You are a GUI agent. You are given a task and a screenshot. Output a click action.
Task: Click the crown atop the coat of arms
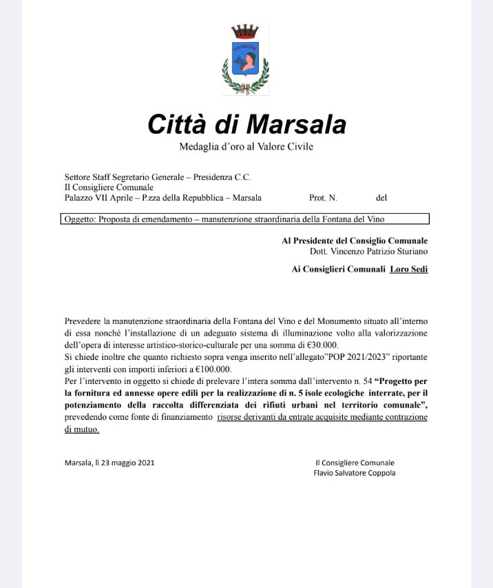[x=245, y=32]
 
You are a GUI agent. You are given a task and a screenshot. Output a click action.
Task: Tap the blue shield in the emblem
[x=245, y=59]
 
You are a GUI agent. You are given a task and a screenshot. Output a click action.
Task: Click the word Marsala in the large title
[x=296, y=124]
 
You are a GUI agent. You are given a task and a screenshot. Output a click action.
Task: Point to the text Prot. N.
[x=323, y=198]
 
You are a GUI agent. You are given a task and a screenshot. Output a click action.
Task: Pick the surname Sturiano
[x=410, y=252]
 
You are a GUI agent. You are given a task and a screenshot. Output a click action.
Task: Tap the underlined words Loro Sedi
[x=409, y=270]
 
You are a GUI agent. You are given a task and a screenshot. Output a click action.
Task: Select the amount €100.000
[x=209, y=369]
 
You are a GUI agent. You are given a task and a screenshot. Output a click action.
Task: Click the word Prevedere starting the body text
[x=83, y=321]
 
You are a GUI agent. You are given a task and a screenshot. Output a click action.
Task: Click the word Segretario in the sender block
[x=138, y=177]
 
